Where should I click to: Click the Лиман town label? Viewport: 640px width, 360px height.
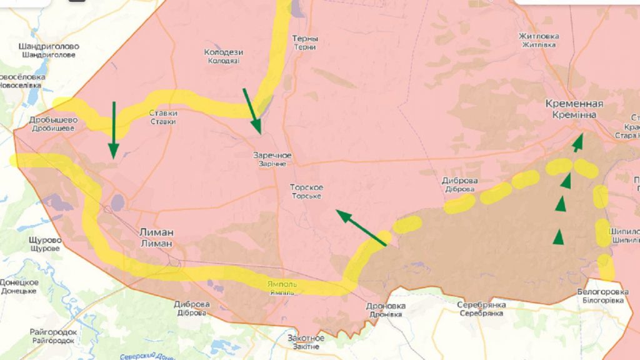pos(156,237)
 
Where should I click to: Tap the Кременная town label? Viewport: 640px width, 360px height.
pos(574,109)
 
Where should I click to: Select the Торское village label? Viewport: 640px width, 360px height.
pos(306,191)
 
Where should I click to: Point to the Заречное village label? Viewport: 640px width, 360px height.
pos(272,159)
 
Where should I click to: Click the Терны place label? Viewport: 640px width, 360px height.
pos(305,42)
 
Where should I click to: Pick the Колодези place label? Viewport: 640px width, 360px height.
pos(223,56)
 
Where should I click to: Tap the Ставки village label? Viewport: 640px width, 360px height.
pos(163,117)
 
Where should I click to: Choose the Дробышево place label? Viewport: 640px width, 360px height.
pos(53,124)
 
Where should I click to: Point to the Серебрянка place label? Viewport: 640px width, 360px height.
pos(481,309)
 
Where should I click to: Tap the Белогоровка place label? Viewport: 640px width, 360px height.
pos(602,296)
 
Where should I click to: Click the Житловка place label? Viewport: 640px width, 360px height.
pos(539,40)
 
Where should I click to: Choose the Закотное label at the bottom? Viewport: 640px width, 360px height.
pos(306,342)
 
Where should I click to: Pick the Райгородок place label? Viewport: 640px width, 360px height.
pos(53,336)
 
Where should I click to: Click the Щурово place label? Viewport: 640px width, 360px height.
pos(45,244)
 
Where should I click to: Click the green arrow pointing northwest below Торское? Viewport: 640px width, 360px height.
pos(361,228)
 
